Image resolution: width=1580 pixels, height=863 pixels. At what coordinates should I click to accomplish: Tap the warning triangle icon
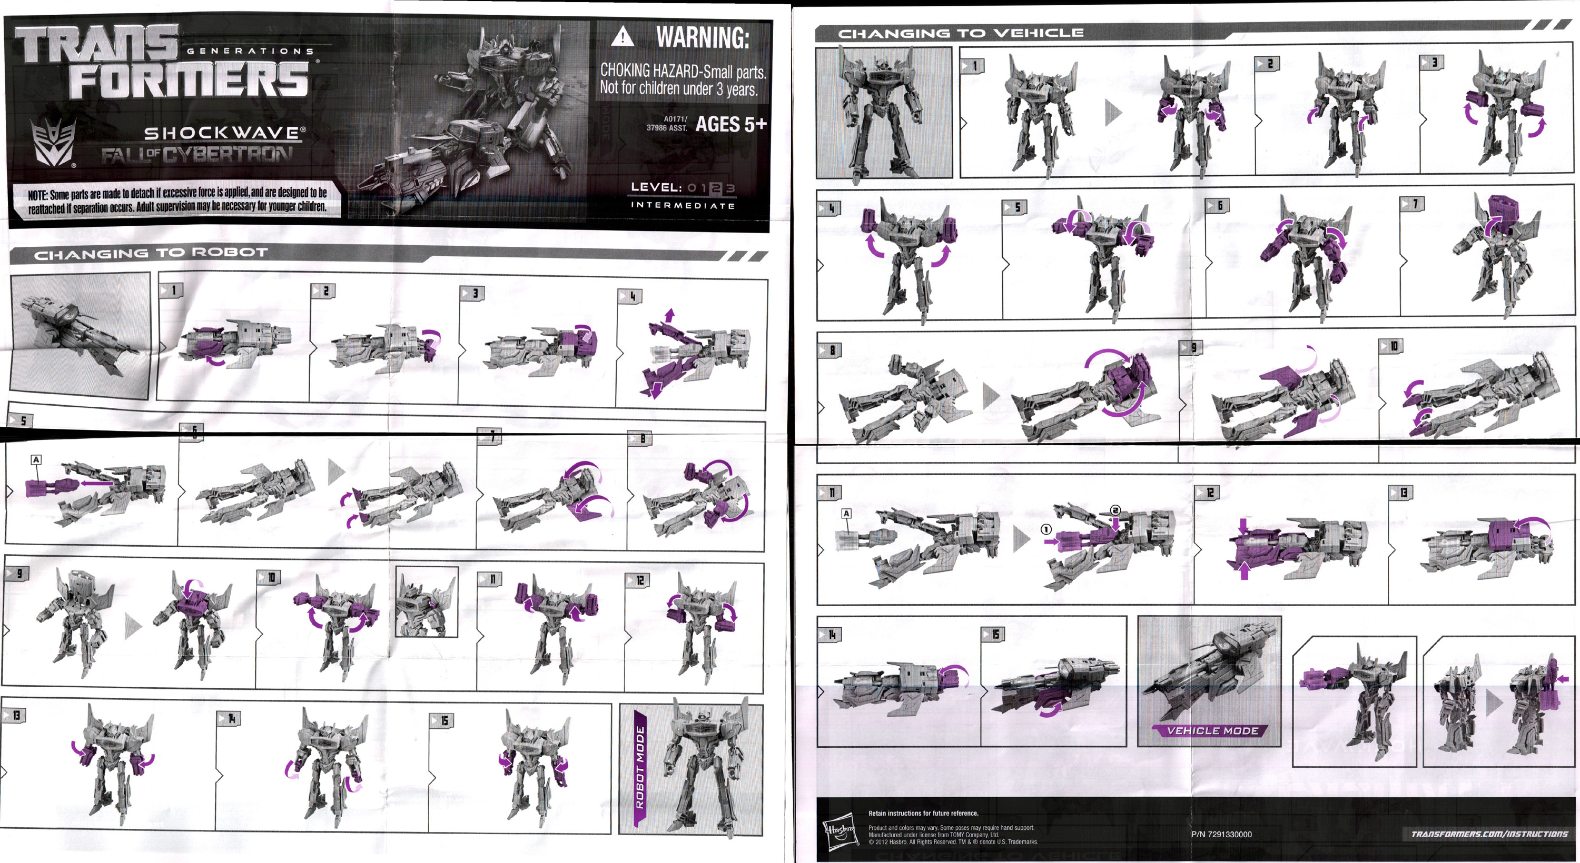(623, 37)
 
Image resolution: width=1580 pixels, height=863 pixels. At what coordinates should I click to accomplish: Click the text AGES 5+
(730, 124)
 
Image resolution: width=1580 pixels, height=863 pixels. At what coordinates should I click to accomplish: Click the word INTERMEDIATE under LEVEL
(682, 205)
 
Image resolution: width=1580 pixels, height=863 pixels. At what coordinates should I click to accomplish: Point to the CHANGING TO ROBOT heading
(151, 253)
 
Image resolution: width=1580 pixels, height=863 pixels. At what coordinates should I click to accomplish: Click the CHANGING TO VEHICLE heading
(961, 33)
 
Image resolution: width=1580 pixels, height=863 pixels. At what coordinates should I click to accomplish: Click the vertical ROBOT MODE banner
(639, 766)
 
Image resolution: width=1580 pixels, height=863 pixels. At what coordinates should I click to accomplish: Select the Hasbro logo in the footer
(838, 831)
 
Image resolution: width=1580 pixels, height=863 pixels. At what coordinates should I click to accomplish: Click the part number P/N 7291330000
(1221, 834)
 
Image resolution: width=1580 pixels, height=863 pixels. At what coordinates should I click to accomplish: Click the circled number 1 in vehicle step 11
(1046, 529)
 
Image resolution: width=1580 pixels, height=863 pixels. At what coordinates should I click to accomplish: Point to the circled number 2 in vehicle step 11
(1115, 510)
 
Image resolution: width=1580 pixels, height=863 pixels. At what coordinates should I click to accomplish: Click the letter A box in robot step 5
(36, 460)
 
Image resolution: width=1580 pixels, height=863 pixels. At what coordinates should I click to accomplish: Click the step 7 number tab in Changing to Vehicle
(1411, 204)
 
